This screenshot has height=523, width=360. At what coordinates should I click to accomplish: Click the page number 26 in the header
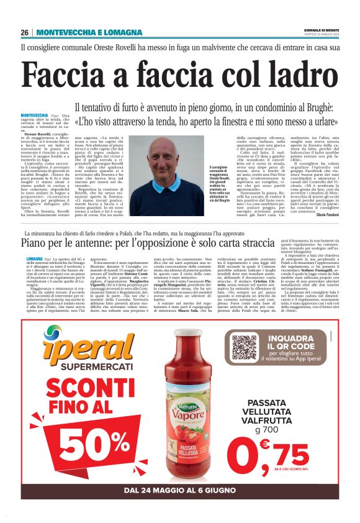(x=25, y=32)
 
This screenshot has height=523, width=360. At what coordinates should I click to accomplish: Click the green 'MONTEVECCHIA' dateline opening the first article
(x=35, y=116)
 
